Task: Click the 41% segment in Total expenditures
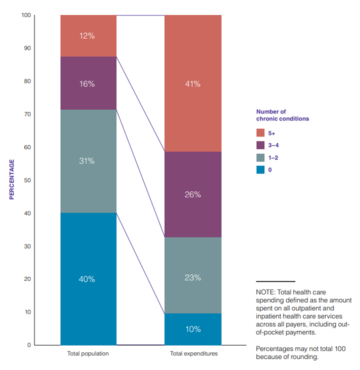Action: [x=192, y=84]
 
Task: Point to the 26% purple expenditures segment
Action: [x=192, y=195]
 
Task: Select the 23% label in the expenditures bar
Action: [x=192, y=277]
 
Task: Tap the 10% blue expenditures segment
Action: [x=192, y=329]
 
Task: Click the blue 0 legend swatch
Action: [x=260, y=170]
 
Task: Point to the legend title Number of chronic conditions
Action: [x=282, y=115]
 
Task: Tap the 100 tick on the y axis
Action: [x=26, y=15]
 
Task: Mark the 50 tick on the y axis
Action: [x=28, y=180]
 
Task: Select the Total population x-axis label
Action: [x=88, y=354]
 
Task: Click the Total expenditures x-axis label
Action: [x=194, y=354]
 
